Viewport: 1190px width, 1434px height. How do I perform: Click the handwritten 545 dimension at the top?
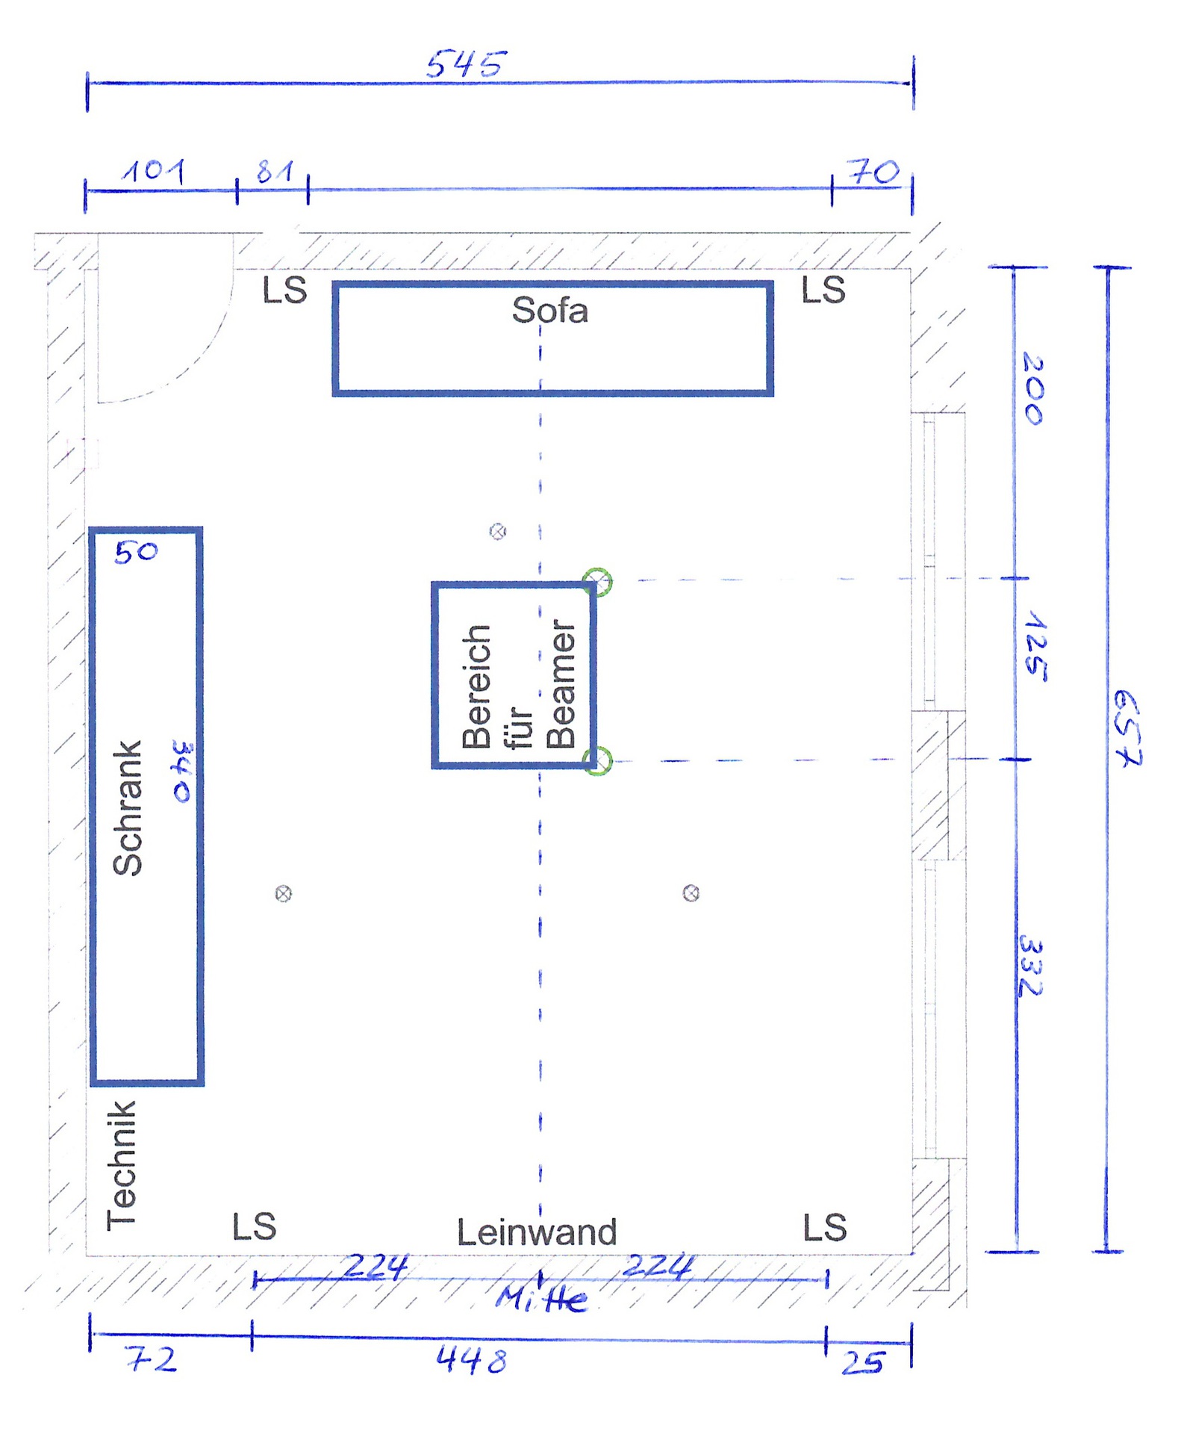tap(467, 63)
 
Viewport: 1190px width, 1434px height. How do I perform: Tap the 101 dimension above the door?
tap(154, 171)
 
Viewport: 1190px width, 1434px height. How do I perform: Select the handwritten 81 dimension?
tap(274, 171)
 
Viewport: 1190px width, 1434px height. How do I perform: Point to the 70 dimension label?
tap(873, 172)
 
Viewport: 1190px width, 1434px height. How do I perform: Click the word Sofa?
tap(550, 310)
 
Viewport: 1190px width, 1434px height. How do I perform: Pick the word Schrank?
tap(127, 807)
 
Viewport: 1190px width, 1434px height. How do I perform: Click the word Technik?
tap(122, 1164)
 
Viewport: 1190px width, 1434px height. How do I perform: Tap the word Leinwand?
tap(537, 1232)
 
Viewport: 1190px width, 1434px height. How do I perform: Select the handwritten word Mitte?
tap(542, 1300)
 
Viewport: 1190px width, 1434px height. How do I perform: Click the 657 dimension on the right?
tap(1127, 728)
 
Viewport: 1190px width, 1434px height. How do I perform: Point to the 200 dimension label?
tap(1033, 388)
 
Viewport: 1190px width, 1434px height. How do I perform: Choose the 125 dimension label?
tap(1035, 646)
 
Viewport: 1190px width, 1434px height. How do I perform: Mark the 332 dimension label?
tap(1030, 965)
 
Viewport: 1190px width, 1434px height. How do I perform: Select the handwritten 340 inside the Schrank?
tap(182, 772)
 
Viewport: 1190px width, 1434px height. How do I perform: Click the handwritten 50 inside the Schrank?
tap(136, 552)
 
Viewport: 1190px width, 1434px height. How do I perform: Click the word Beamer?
tap(561, 684)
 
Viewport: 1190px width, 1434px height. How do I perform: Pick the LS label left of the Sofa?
tap(284, 290)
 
